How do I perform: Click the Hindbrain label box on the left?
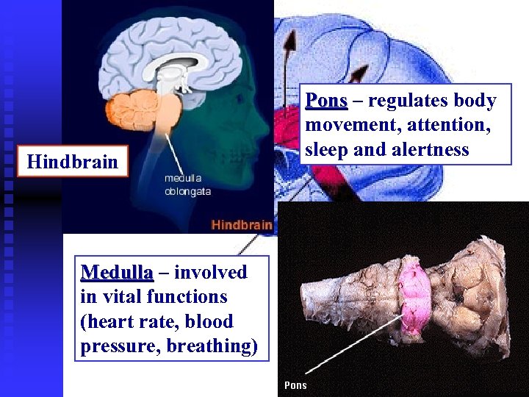point(72,162)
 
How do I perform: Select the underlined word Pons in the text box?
point(326,100)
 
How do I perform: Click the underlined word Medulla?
point(117,273)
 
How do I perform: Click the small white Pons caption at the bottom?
point(295,385)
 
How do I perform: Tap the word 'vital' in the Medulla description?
point(120,297)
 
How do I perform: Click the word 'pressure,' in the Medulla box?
point(120,346)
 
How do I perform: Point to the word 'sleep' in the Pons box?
point(325,150)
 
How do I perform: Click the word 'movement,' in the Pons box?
point(349,125)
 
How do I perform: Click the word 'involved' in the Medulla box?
point(211,273)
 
